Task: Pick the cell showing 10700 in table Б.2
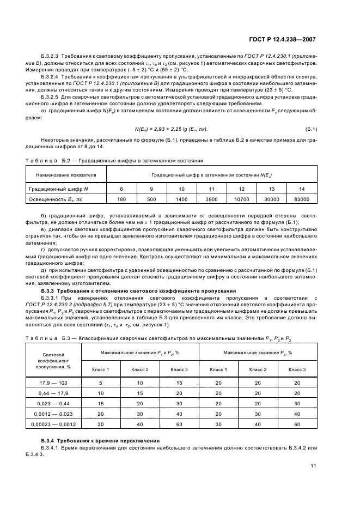241,199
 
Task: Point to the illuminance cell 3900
211,199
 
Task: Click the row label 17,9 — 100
53,383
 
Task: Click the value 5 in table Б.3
101,383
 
